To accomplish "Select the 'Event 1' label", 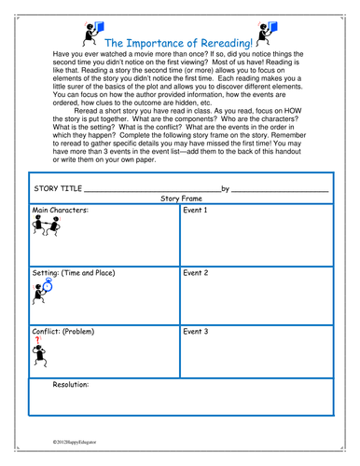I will coord(195,237).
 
